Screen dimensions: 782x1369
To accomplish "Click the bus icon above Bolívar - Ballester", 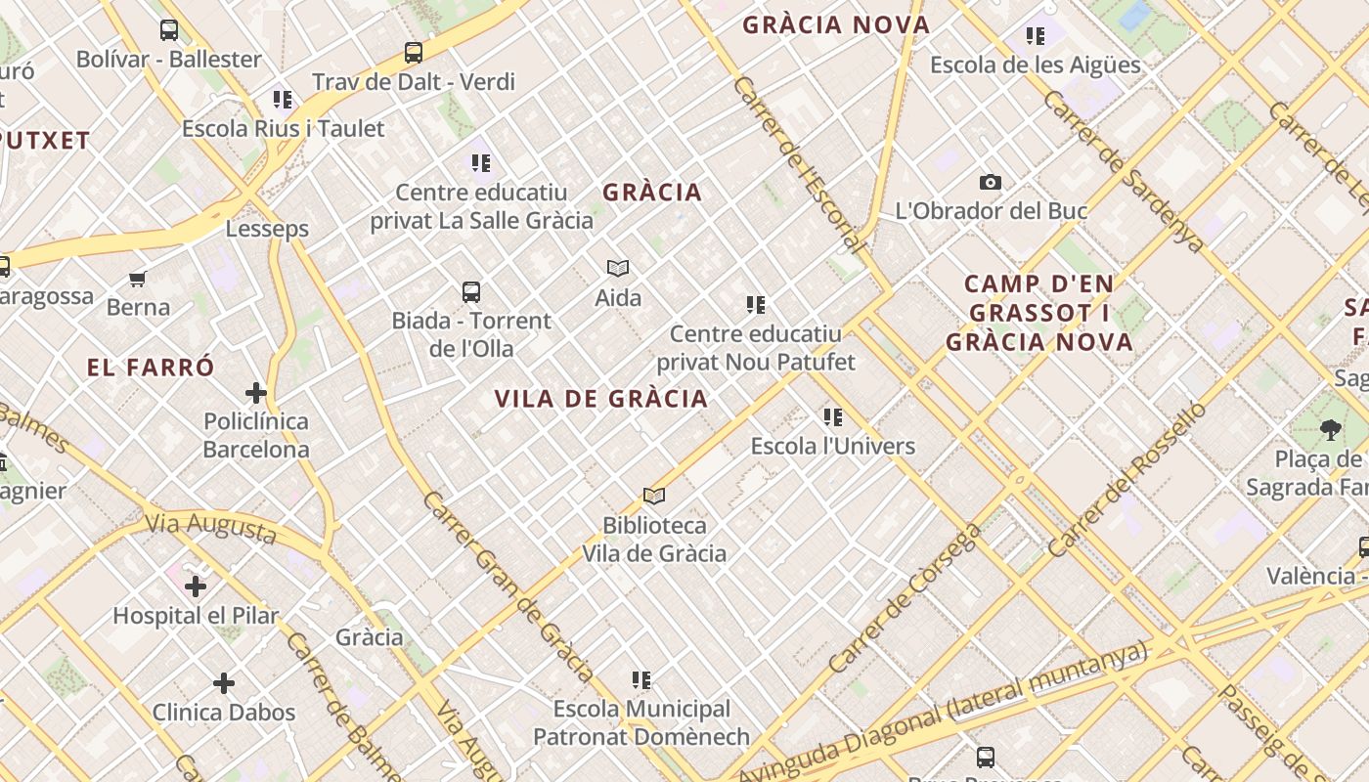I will coord(169,30).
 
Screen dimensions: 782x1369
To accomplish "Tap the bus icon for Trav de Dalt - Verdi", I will coord(414,53).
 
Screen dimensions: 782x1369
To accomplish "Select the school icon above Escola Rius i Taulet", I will coord(283,99).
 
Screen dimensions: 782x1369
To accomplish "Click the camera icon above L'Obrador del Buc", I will coord(991,183).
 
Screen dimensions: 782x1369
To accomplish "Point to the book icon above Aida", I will coord(618,268).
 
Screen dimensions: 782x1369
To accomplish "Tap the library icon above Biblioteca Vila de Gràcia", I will coord(654,497).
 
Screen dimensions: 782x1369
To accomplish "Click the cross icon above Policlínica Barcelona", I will coord(256,393).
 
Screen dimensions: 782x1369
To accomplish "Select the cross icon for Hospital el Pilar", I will coord(196,586).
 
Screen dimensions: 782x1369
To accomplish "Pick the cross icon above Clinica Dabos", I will coord(224,682).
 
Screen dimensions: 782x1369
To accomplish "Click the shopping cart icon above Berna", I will coord(138,280).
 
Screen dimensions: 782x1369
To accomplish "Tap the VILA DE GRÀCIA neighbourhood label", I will coord(600,399).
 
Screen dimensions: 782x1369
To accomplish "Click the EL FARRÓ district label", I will coord(151,369).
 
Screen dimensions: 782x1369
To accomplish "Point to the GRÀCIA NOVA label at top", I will coord(836,25).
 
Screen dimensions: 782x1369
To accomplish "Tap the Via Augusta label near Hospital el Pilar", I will coord(211,528).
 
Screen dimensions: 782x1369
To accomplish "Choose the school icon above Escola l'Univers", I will coord(833,417).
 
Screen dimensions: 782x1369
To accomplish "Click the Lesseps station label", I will coord(267,229).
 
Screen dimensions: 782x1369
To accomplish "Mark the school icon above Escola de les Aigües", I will coord(1036,36).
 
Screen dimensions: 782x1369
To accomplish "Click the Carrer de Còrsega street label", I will coord(904,598).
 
